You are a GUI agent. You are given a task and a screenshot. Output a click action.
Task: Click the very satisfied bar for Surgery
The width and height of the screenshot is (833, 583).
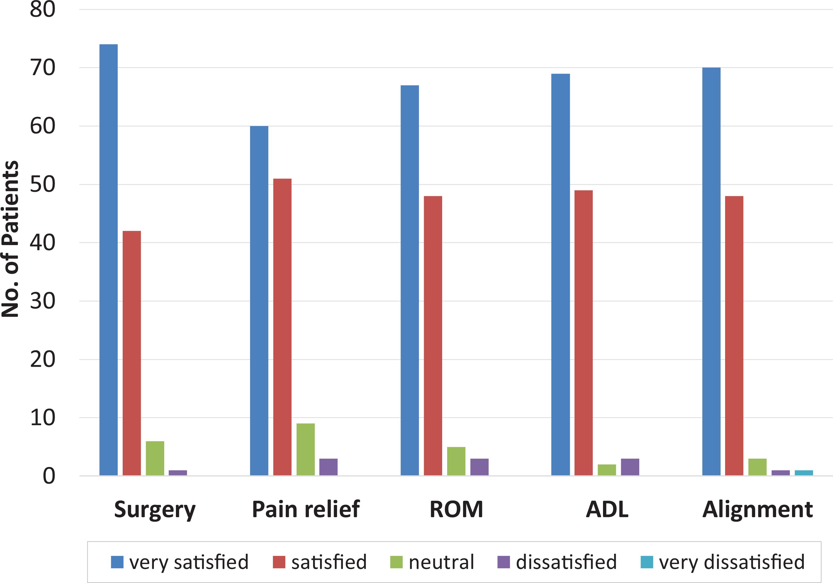point(108,260)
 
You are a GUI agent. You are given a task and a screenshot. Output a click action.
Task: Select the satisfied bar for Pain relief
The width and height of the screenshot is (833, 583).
point(282,327)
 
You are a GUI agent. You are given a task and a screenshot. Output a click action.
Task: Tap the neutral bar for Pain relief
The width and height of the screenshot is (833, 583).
point(306,449)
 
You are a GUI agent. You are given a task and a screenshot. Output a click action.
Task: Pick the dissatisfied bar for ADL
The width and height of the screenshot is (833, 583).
point(630,467)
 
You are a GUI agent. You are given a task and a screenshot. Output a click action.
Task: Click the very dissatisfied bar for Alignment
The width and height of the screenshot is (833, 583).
point(804,473)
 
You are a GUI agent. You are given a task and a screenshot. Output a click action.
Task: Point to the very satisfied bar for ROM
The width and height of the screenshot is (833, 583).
point(410,280)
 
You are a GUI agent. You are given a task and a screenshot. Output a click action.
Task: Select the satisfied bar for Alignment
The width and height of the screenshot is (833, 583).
point(734,336)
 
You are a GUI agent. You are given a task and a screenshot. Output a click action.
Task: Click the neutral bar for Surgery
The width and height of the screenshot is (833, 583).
point(155,458)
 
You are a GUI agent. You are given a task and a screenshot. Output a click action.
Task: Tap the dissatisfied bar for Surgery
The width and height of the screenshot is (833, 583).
point(178,473)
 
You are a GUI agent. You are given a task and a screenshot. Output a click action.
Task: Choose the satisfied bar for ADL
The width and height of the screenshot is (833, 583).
point(584,333)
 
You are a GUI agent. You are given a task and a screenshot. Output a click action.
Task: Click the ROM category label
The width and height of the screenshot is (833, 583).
point(456,509)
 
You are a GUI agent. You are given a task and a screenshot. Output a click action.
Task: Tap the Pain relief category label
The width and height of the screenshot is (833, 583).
point(306,509)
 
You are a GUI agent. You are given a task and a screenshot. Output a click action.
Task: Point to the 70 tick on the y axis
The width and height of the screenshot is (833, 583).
point(42,67)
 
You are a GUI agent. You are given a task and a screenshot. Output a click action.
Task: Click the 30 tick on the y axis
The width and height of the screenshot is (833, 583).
point(42,301)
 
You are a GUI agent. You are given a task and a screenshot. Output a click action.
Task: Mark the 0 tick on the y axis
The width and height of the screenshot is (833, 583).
point(49,476)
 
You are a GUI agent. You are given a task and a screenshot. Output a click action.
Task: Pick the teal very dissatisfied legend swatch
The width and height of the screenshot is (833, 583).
point(647,562)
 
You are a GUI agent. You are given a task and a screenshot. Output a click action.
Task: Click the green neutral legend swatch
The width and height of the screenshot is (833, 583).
point(396,562)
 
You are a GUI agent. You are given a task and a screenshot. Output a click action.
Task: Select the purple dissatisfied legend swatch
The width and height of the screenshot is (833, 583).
point(503,562)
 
